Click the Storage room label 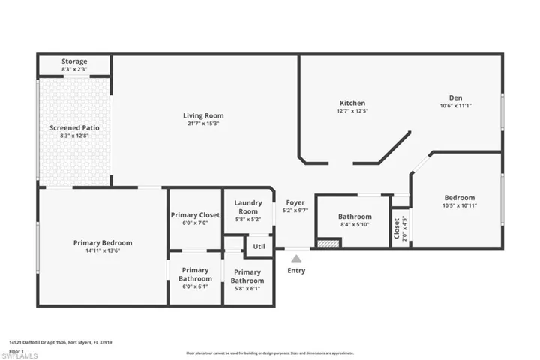click(74, 61)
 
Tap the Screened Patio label click(74, 128)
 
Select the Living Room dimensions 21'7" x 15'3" click(203, 124)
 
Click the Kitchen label click(352, 103)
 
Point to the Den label click(456, 97)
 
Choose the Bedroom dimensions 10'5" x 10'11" click(459, 205)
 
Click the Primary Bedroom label click(103, 242)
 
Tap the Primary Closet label click(195, 215)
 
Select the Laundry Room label click(247, 207)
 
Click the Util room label click(259, 246)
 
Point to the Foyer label click(295, 203)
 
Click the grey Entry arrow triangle click(296, 259)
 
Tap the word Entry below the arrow click(296, 271)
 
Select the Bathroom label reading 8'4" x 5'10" click(355, 217)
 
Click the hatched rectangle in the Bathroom click(328, 242)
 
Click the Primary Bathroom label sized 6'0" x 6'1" click(195, 274)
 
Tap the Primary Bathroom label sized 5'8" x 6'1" click(247, 277)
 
